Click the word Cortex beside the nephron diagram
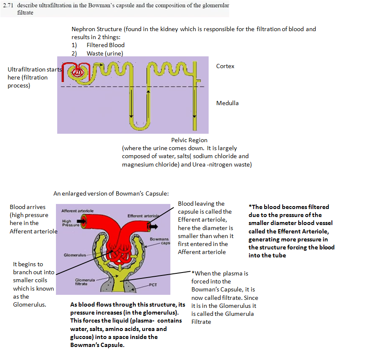click(225, 66)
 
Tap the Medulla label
click(227, 103)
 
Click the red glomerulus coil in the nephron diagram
click(76, 72)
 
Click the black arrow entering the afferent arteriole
click(81, 220)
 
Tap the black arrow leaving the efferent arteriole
click(153, 226)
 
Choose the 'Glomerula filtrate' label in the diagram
click(82, 282)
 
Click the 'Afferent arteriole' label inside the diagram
click(77, 210)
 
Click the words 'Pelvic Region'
click(189, 140)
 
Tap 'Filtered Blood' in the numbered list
click(106, 45)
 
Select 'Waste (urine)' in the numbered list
click(105, 53)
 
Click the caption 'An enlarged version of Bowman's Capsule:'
click(111, 193)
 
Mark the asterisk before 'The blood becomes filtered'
click(250, 206)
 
